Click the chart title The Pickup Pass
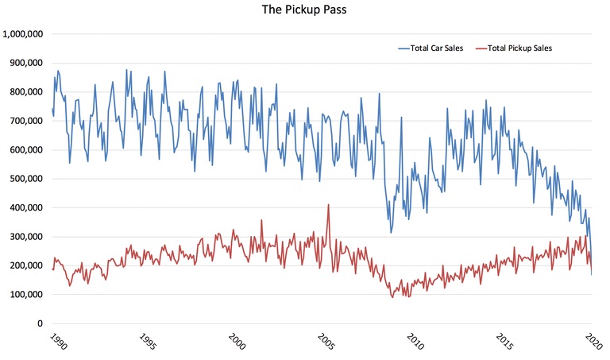pyautogui.click(x=305, y=12)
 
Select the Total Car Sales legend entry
pyautogui.click(x=437, y=48)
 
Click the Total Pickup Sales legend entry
pyautogui.click(x=519, y=48)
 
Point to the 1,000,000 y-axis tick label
pyautogui.click(x=23, y=34)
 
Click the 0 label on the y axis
pyautogui.click(x=41, y=323)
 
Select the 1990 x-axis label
pyautogui.click(x=55, y=341)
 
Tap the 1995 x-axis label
pyautogui.click(x=145, y=341)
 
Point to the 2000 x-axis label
pyautogui.click(x=234, y=341)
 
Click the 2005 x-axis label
pyautogui.click(x=323, y=341)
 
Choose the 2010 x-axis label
pyautogui.click(x=413, y=341)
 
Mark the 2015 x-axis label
pyautogui.click(x=502, y=341)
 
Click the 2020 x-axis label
pyautogui.click(x=592, y=341)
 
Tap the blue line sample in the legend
pyautogui.click(x=403, y=48)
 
